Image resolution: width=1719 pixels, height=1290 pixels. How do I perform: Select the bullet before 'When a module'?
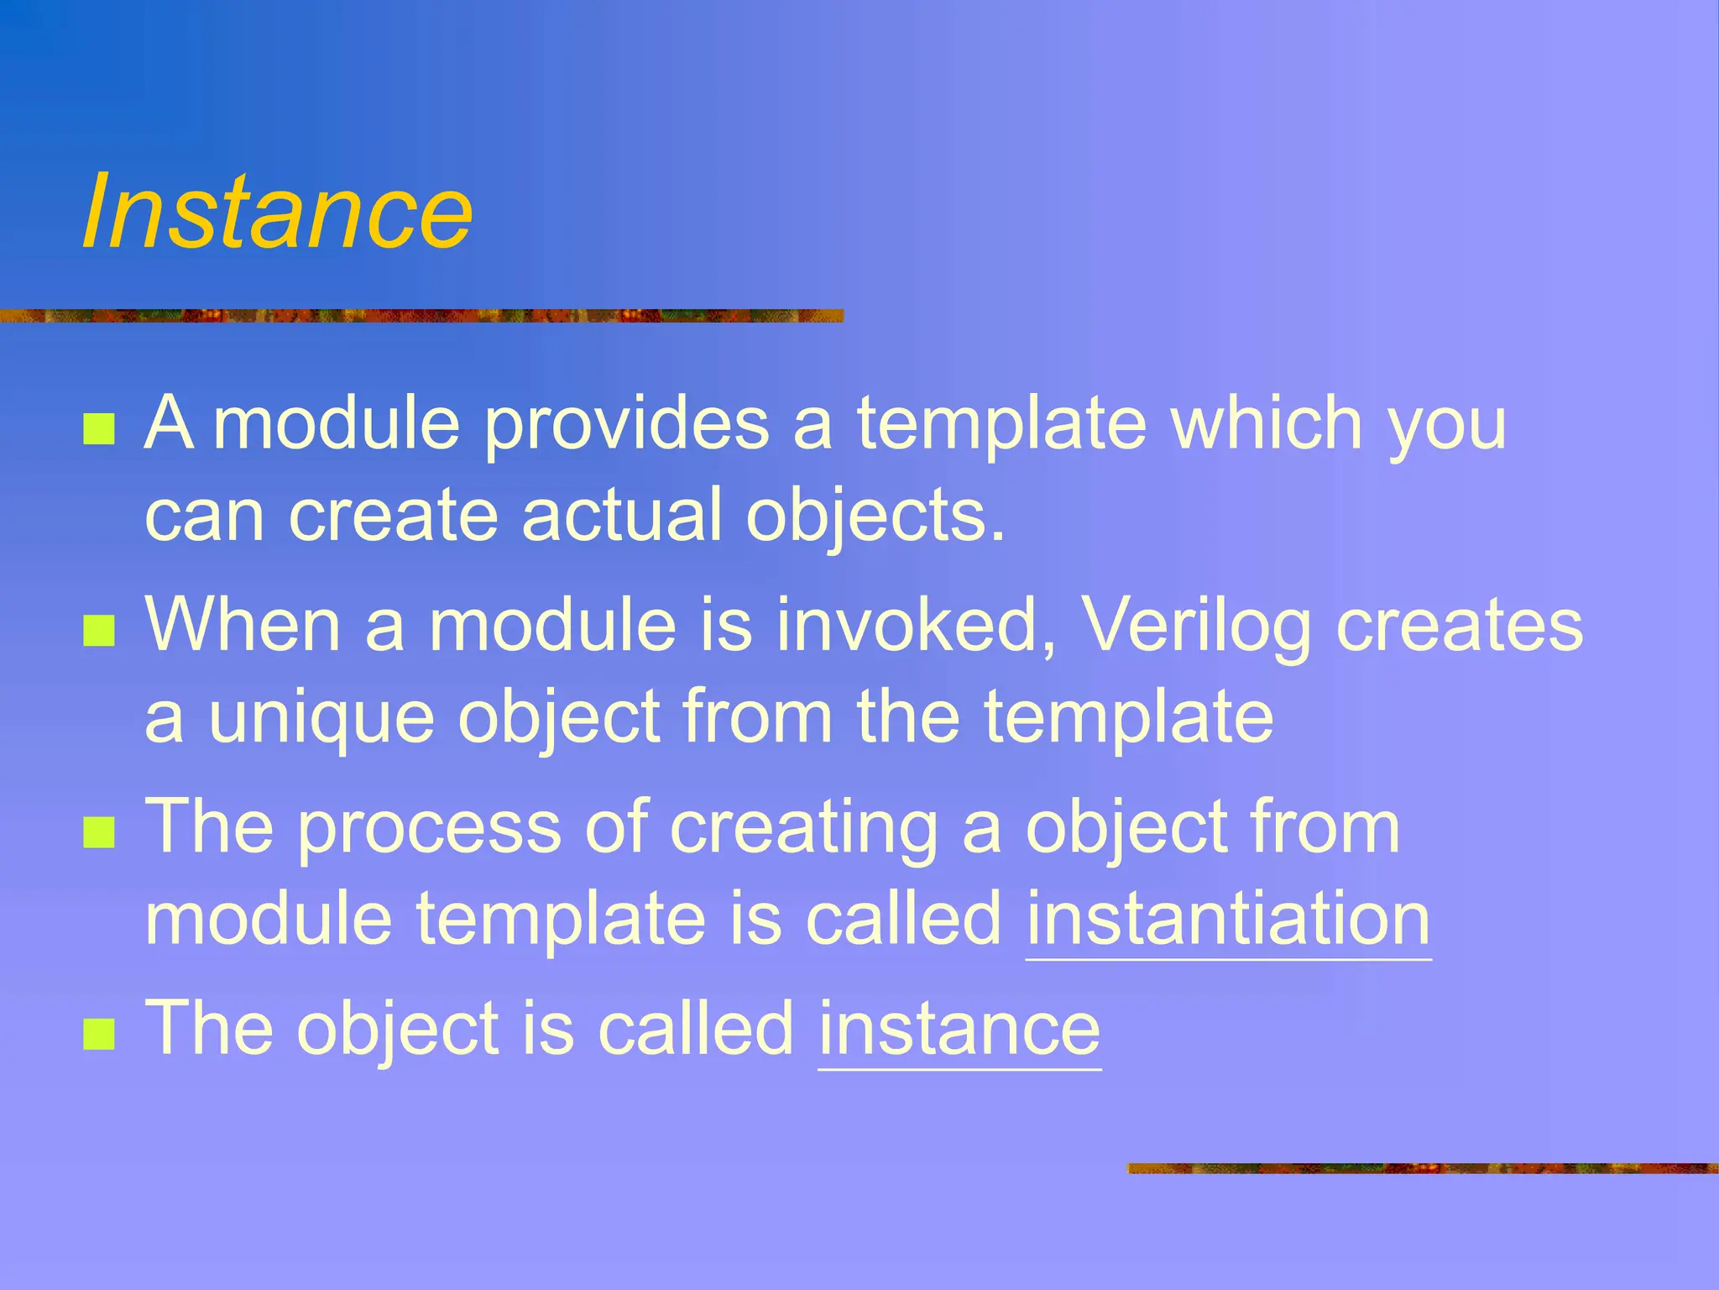[99, 631]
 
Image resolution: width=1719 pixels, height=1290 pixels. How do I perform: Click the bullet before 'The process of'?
[99, 833]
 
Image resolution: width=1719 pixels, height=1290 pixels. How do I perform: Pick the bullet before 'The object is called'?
[99, 1035]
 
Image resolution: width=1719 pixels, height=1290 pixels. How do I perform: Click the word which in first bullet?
[1267, 423]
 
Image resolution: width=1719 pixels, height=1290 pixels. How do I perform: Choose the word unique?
[321, 718]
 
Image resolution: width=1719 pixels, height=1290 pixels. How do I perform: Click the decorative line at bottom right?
[1422, 1168]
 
